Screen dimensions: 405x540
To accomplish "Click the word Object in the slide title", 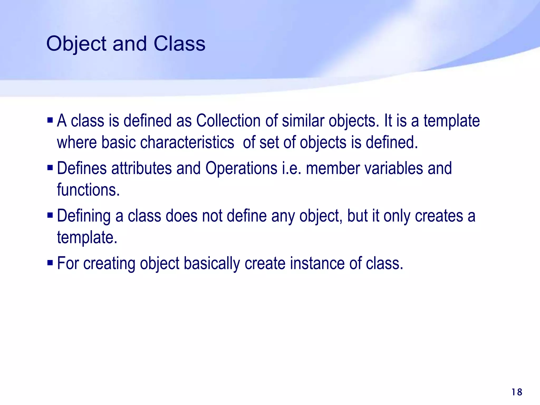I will (76, 44).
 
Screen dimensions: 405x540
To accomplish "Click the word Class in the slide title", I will (179, 44).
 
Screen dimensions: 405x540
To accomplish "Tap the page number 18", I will (517, 392).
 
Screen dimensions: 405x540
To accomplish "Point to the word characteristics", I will (187, 142).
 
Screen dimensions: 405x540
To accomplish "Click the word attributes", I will (141, 168).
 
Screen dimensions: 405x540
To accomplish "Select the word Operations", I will (241, 168).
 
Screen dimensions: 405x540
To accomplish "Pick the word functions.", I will (88, 190).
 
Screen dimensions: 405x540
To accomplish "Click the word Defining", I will (84, 216).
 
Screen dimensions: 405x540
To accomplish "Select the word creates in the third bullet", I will (439, 216).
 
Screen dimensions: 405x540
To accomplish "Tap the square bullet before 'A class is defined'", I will (50, 120).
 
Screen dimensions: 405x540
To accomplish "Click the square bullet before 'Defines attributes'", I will (50, 168).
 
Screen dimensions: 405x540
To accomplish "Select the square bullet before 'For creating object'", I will (50, 263).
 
